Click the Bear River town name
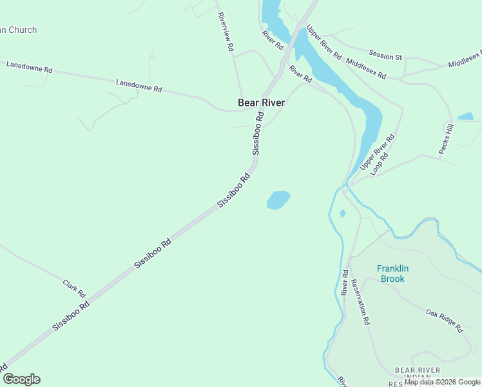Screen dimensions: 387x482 [261, 103]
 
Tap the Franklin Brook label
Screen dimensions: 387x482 [393, 274]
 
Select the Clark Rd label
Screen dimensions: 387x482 [74, 288]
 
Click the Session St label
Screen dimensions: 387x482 [385, 55]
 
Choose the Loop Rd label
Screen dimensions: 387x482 [381, 165]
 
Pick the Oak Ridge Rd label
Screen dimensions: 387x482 [444, 321]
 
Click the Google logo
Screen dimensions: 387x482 [21, 379]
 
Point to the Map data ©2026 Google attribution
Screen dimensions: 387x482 [442, 382]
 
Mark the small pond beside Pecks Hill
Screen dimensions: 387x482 [465, 117]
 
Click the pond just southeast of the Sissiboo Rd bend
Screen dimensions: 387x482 [278, 199]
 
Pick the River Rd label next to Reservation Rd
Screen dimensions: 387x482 [345, 283]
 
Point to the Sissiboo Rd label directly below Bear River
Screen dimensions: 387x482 [258, 134]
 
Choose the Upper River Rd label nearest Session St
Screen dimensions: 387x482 [323, 42]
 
